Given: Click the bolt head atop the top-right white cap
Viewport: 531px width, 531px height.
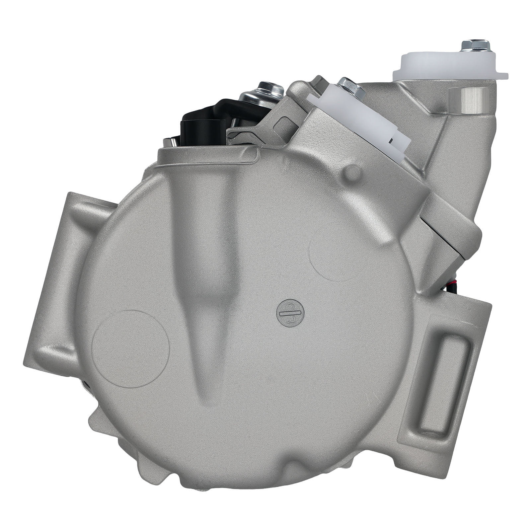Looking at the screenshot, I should [475, 45].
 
